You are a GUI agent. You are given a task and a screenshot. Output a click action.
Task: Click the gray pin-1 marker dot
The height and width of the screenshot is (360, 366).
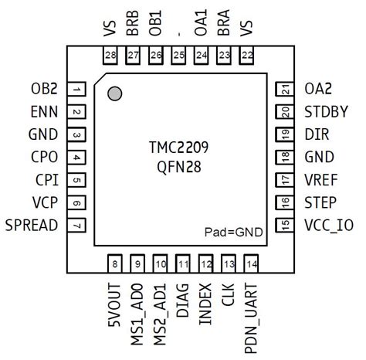pyautogui.click(x=115, y=94)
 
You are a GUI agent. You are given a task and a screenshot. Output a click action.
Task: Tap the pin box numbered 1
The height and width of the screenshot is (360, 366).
pyautogui.click(x=78, y=90)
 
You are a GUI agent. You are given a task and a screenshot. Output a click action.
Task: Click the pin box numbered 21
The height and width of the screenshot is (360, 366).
pyautogui.click(x=286, y=90)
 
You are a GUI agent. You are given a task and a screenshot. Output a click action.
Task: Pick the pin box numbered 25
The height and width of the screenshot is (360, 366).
pyautogui.click(x=179, y=55)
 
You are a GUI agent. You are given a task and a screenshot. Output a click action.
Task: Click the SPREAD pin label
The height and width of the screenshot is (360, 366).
pyautogui.click(x=32, y=225)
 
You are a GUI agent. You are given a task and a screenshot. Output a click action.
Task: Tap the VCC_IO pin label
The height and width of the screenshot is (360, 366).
pyautogui.click(x=331, y=225)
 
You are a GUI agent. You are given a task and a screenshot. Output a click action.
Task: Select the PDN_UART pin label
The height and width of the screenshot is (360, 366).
pyautogui.click(x=251, y=317)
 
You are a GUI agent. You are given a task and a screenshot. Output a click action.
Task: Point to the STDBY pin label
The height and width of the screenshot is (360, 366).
pyautogui.click(x=328, y=112)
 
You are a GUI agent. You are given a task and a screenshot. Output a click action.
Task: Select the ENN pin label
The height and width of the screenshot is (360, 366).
pyautogui.click(x=44, y=112)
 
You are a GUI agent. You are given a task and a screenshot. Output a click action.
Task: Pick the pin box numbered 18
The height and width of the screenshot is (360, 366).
pyautogui.click(x=286, y=157)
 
